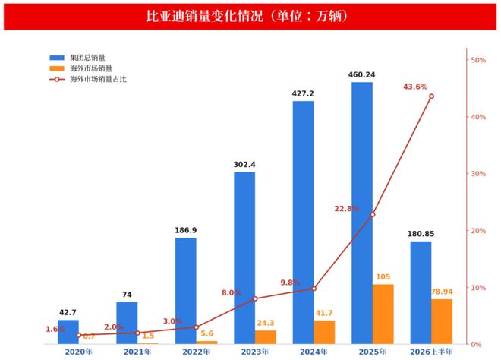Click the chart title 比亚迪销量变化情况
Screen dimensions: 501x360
click(x=204, y=16)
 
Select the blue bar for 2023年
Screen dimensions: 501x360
click(x=244, y=258)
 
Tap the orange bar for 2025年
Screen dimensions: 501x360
click(x=383, y=314)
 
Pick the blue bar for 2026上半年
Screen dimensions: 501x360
click(x=421, y=292)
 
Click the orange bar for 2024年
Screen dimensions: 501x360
click(x=324, y=332)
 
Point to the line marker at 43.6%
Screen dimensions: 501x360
click(x=431, y=96)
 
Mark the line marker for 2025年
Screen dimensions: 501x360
click(x=373, y=214)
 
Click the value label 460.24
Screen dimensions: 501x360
click(x=361, y=75)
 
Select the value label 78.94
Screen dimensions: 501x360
click(x=442, y=292)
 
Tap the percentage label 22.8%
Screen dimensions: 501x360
click(x=347, y=209)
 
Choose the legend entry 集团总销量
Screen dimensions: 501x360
click(x=77, y=58)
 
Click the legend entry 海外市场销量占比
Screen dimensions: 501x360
click(x=88, y=79)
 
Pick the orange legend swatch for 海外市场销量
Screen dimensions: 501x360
click(x=57, y=68)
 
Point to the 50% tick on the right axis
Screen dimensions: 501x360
click(x=468, y=60)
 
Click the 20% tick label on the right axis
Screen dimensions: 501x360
click(x=478, y=231)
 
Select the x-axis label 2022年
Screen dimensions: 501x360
click(x=196, y=352)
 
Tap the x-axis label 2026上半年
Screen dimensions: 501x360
click(x=431, y=352)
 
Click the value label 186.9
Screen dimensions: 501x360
click(x=186, y=231)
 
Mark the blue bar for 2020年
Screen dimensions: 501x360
click(x=68, y=332)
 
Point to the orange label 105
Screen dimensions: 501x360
click(x=383, y=277)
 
